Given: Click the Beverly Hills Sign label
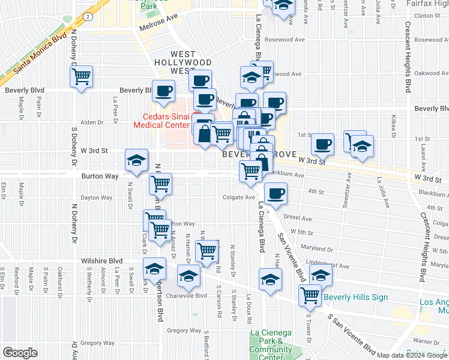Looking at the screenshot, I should [355, 297].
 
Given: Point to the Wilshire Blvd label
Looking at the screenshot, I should [101, 261].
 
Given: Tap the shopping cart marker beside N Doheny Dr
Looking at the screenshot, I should [81, 77].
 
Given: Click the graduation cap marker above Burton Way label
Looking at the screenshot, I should [137, 161].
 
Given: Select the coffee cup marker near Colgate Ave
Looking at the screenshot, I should [276, 194].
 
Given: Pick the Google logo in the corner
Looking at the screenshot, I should [20, 352].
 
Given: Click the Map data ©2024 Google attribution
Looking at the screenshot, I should [412, 355].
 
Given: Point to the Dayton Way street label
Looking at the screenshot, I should [97, 197].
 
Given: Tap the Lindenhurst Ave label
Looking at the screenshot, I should [328, 265].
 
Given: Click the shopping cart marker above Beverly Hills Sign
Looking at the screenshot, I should [310, 295].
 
